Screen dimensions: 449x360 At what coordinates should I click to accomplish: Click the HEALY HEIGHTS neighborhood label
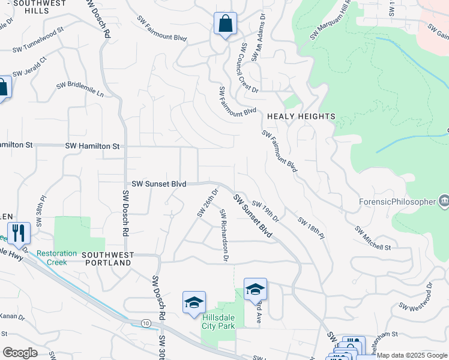pos(301,116)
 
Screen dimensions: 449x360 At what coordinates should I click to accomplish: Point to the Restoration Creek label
pos(56,257)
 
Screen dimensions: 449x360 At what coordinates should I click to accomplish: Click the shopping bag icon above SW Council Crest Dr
pos(225,24)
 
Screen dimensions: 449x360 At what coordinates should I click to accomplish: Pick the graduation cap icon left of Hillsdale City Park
pos(194,303)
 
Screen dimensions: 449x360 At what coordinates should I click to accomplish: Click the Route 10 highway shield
pos(146,323)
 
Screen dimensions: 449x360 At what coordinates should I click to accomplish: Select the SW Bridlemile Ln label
pos(80,90)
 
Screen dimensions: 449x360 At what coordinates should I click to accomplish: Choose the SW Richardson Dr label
pos(224,235)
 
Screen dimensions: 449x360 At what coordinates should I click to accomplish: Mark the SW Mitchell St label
pos(372,239)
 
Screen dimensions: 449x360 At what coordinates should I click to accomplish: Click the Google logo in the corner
pos(20,353)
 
